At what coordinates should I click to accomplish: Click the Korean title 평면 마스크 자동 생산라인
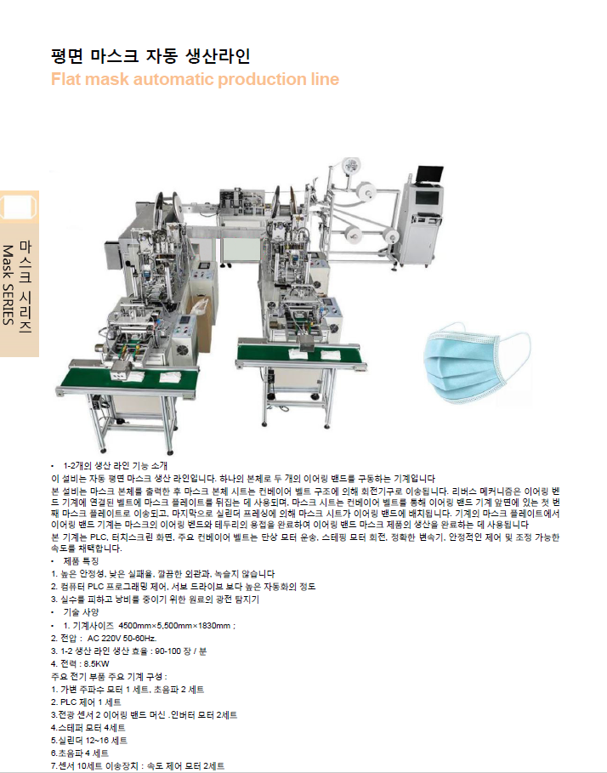(x=150, y=56)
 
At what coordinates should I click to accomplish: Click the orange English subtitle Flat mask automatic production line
(x=196, y=79)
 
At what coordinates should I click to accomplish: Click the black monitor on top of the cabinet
(x=429, y=174)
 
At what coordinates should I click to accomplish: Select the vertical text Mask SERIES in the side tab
(x=8, y=284)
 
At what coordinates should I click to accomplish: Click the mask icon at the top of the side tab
(x=19, y=207)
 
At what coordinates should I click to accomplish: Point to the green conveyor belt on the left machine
(x=131, y=378)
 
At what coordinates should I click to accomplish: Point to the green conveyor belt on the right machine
(x=301, y=354)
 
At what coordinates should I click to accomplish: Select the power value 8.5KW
(x=96, y=663)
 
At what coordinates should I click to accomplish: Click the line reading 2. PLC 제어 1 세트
(x=86, y=702)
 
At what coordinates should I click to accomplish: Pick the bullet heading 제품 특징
(x=81, y=561)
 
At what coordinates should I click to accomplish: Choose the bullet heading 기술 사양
(x=81, y=612)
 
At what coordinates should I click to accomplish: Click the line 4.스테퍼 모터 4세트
(x=88, y=728)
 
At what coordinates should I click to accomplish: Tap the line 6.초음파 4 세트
(x=80, y=753)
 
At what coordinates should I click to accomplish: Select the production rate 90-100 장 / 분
(x=181, y=651)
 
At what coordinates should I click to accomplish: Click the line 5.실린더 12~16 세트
(x=89, y=741)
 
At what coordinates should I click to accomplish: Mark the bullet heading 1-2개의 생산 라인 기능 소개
(x=116, y=465)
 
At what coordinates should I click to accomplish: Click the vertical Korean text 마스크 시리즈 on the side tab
(x=26, y=287)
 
